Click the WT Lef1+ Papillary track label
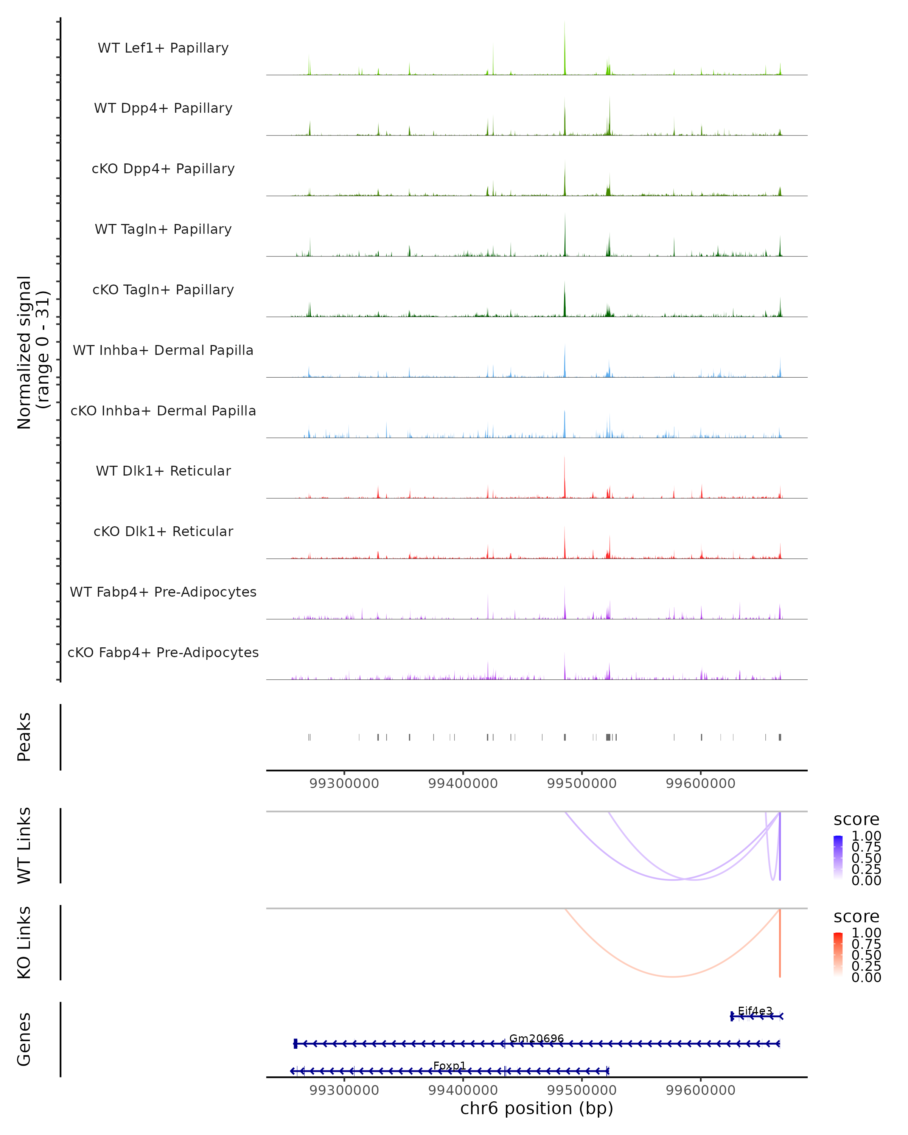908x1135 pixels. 163,48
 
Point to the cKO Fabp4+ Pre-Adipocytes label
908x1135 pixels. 163,652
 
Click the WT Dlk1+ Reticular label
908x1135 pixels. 163,471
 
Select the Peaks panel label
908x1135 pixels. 24,737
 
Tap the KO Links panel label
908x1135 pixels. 24,942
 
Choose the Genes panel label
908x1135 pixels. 24,1039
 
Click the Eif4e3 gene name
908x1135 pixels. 755,1011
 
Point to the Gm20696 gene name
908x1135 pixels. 536,1039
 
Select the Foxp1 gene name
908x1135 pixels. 449,1065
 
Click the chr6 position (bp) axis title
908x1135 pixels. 536,1108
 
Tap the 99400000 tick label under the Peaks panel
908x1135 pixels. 463,784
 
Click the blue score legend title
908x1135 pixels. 856,819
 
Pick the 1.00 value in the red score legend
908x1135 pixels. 866,932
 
